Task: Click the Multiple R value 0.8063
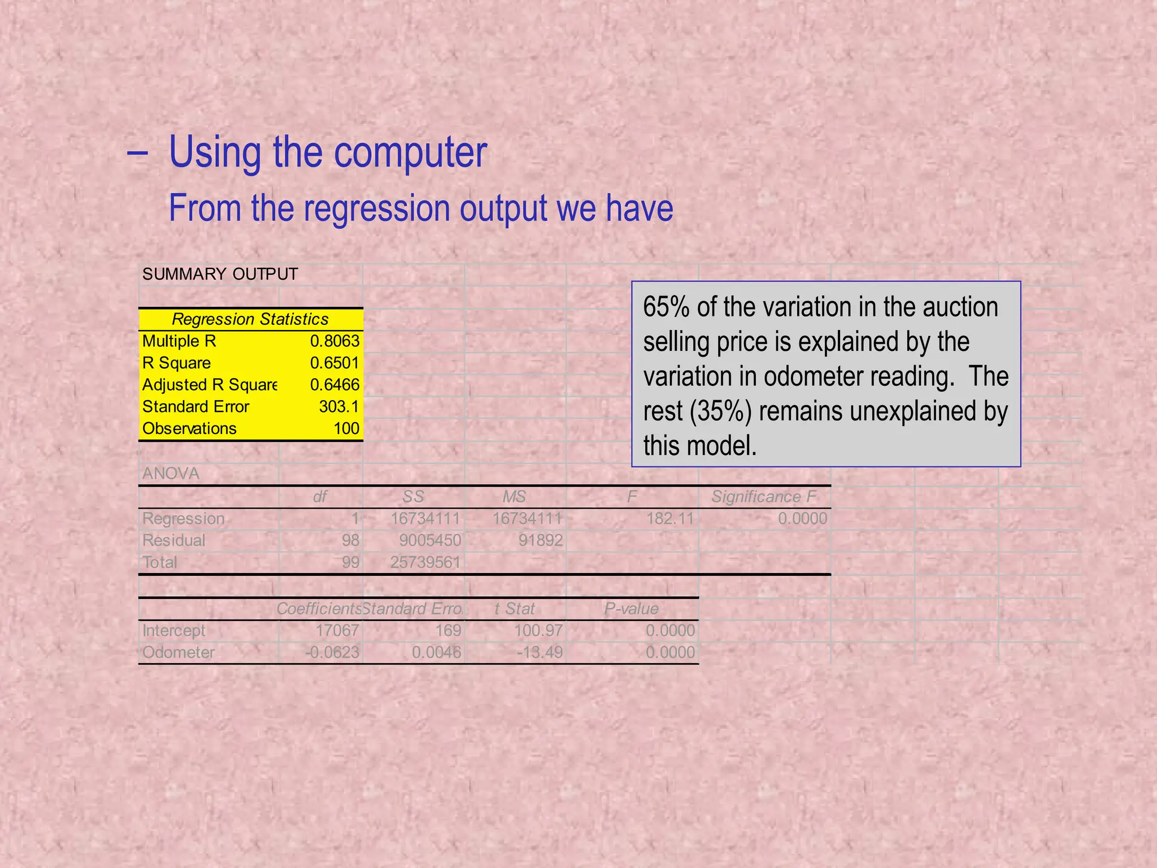click(x=334, y=341)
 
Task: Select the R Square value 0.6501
click(x=334, y=363)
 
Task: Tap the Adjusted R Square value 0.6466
click(x=334, y=385)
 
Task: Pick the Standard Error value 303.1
click(x=339, y=407)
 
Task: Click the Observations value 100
click(x=346, y=428)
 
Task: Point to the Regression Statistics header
click(x=250, y=319)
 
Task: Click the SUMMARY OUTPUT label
click(x=220, y=275)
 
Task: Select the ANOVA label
click(x=171, y=474)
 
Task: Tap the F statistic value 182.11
click(x=670, y=518)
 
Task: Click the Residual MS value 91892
click(x=541, y=540)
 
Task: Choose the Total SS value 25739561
click(x=425, y=562)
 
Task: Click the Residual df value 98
click(x=350, y=540)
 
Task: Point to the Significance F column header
click(x=764, y=497)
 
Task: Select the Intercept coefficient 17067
click(x=337, y=631)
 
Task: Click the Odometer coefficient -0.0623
click(x=332, y=653)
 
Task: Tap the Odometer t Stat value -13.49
click(x=540, y=653)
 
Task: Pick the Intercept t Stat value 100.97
click(x=538, y=631)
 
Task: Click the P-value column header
click(x=631, y=609)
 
